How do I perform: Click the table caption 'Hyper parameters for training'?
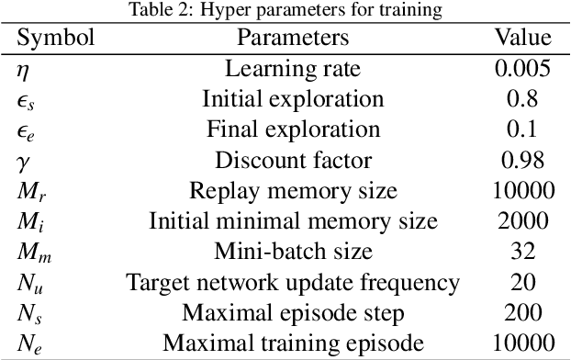tap(286, 10)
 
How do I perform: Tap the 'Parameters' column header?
tap(294, 38)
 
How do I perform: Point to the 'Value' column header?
tap(523, 38)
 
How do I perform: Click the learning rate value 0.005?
tap(523, 69)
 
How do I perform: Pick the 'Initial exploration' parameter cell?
tap(294, 99)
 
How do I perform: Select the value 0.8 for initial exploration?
tap(523, 99)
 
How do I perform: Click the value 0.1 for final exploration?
tap(523, 129)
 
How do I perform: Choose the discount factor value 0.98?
tap(523, 161)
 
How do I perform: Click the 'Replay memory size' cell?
tap(294, 191)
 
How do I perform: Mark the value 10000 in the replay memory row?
tap(523, 191)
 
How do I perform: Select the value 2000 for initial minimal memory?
tap(523, 221)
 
